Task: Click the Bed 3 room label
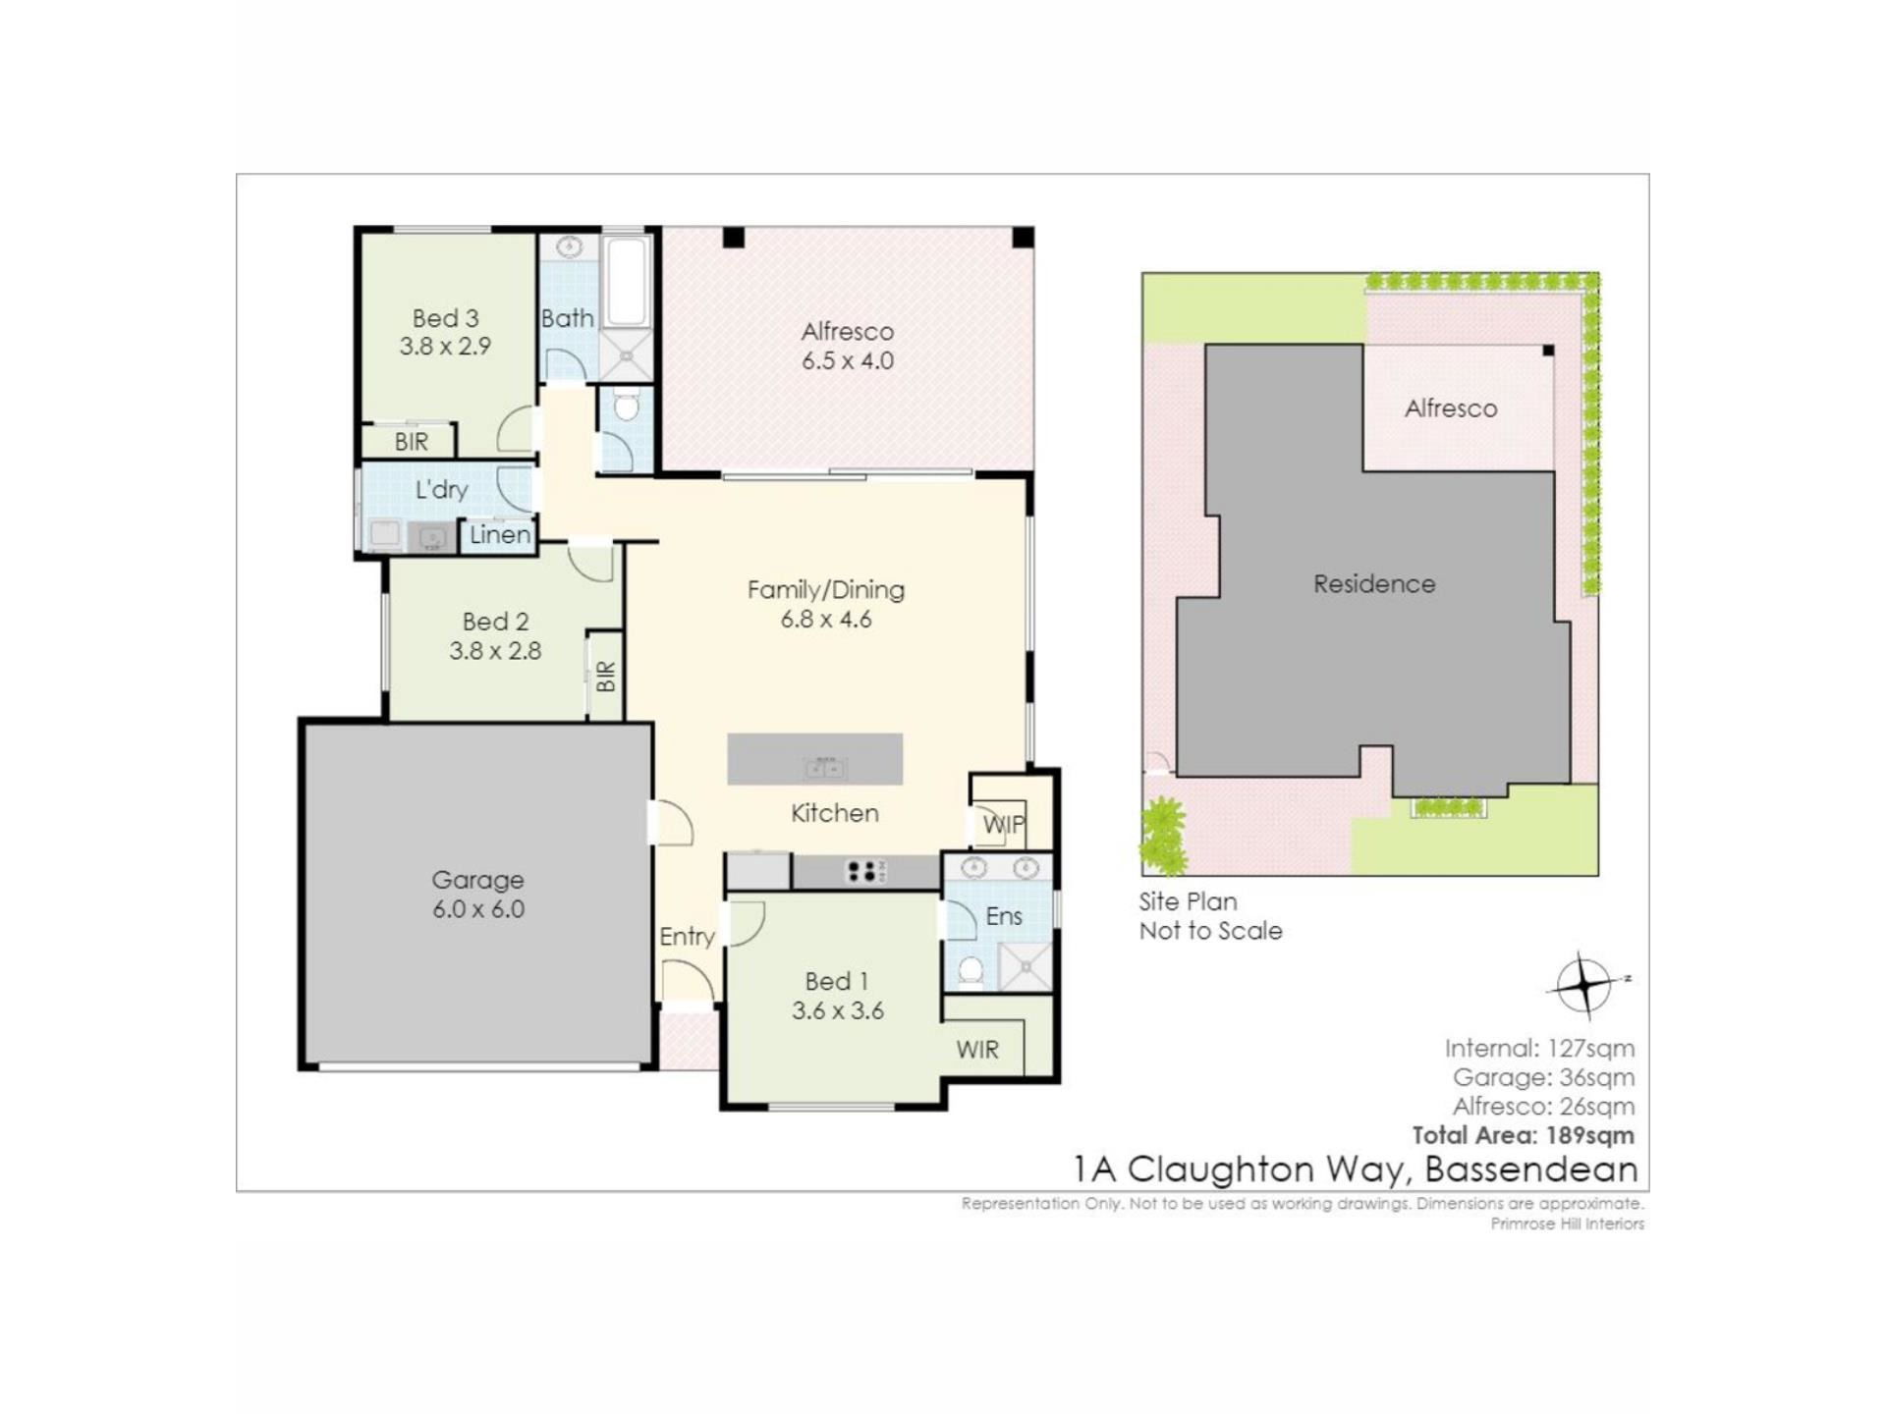(x=445, y=318)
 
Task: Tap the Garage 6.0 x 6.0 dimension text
(x=478, y=909)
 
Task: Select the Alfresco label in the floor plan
(x=847, y=332)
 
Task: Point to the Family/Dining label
(x=826, y=589)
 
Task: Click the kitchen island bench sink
(x=825, y=768)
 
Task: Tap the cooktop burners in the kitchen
(x=865, y=871)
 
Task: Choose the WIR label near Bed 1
(x=977, y=1050)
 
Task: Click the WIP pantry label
(x=1004, y=825)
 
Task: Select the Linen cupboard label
(x=500, y=535)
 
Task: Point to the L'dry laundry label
(x=441, y=489)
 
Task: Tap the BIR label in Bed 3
(x=412, y=442)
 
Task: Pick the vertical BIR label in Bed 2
(x=605, y=676)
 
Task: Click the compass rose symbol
(x=1583, y=983)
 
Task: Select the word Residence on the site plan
(x=1374, y=584)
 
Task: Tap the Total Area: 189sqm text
(x=1524, y=1135)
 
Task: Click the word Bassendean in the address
(x=1531, y=1169)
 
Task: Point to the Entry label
(x=687, y=937)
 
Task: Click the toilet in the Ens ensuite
(x=971, y=972)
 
